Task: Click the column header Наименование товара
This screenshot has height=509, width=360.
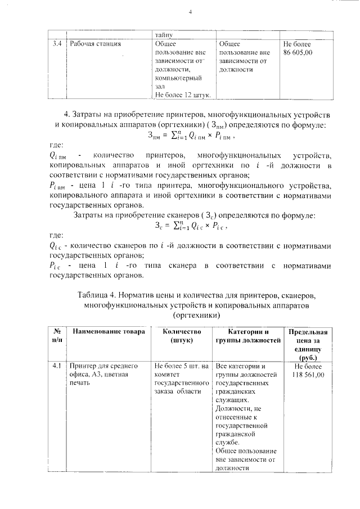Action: point(108,332)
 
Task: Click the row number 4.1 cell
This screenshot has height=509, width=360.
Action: point(57,366)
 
